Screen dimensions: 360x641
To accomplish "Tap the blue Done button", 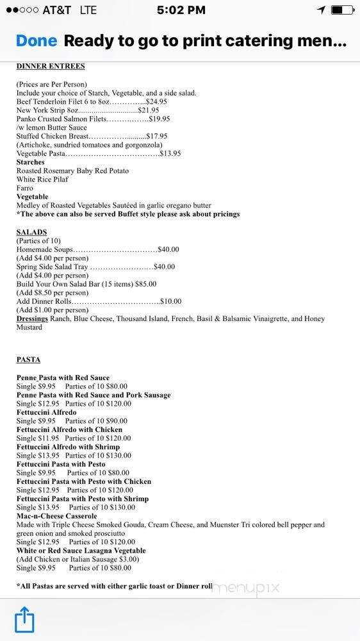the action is pyautogui.click(x=36, y=41).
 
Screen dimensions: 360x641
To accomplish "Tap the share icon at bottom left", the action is pyautogui.click(x=24, y=620).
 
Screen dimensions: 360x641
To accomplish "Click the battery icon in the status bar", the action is pyautogui.click(x=343, y=10).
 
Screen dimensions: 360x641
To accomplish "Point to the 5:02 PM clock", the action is pyautogui.click(x=181, y=10).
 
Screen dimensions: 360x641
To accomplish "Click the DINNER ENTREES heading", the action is pyautogui.click(x=51, y=66).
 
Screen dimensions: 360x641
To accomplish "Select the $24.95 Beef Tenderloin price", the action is pyautogui.click(x=157, y=102).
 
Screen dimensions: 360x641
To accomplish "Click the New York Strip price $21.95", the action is pyautogui.click(x=149, y=110).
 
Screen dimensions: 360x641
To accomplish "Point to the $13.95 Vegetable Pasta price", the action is pyautogui.click(x=170, y=154).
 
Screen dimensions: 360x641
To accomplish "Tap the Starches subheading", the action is pyautogui.click(x=31, y=162).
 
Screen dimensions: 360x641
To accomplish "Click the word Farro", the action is pyautogui.click(x=25, y=188).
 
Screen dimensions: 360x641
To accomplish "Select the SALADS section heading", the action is pyautogui.click(x=31, y=232).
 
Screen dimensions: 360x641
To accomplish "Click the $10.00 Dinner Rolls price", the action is pyautogui.click(x=171, y=301).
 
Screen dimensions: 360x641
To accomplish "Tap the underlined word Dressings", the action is pyautogui.click(x=33, y=319).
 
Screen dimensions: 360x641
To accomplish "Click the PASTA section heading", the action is pyautogui.click(x=28, y=360).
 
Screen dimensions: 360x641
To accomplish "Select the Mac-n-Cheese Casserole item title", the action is pyautogui.click(x=57, y=516).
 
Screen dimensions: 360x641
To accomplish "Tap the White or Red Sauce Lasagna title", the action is pyautogui.click(x=81, y=551).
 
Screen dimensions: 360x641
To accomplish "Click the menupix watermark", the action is pyautogui.click(x=246, y=588).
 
